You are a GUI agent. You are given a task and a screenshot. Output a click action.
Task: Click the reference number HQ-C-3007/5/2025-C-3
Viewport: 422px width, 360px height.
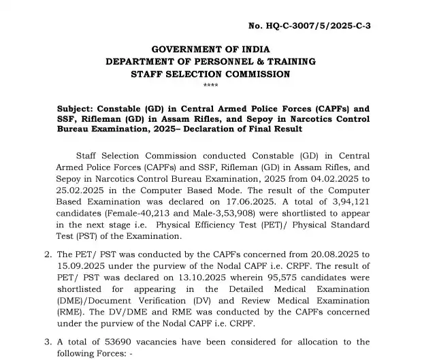tap(314, 27)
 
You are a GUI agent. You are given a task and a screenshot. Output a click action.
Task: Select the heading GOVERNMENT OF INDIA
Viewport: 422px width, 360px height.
tap(210, 49)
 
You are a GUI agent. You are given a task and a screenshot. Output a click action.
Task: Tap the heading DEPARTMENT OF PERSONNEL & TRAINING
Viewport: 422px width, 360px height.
tap(210, 61)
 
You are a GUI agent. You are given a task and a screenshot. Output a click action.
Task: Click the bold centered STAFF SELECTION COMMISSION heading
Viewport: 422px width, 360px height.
tap(210, 73)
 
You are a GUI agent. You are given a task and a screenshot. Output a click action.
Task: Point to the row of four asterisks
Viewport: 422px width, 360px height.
tap(210, 85)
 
